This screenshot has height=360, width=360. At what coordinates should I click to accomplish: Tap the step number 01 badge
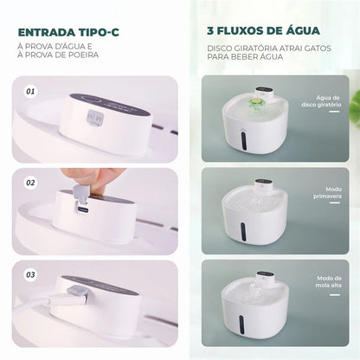[x=33, y=90]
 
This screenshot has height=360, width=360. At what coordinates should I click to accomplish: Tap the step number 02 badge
[x=33, y=184]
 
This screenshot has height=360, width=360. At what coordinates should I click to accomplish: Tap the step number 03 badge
[x=33, y=274]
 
